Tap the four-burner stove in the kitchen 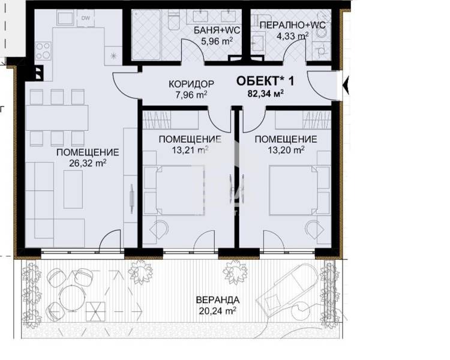click(44, 50)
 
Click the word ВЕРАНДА click(217, 300)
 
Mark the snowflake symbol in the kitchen click(113, 56)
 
